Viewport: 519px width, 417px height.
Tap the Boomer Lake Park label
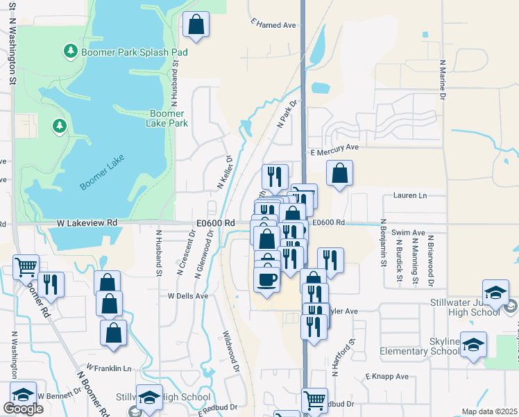(x=167, y=118)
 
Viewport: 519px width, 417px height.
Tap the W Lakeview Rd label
(x=87, y=222)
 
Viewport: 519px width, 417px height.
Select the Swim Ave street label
(x=408, y=233)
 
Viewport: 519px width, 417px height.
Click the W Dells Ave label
(x=188, y=295)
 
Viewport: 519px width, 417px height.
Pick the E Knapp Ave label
(x=387, y=377)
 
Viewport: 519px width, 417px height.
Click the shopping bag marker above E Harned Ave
(x=196, y=25)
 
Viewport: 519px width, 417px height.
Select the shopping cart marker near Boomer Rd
(x=26, y=266)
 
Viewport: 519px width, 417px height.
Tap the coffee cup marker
(x=267, y=279)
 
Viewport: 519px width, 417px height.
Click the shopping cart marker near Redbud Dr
(x=315, y=400)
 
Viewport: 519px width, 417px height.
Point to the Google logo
(x=23, y=409)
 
